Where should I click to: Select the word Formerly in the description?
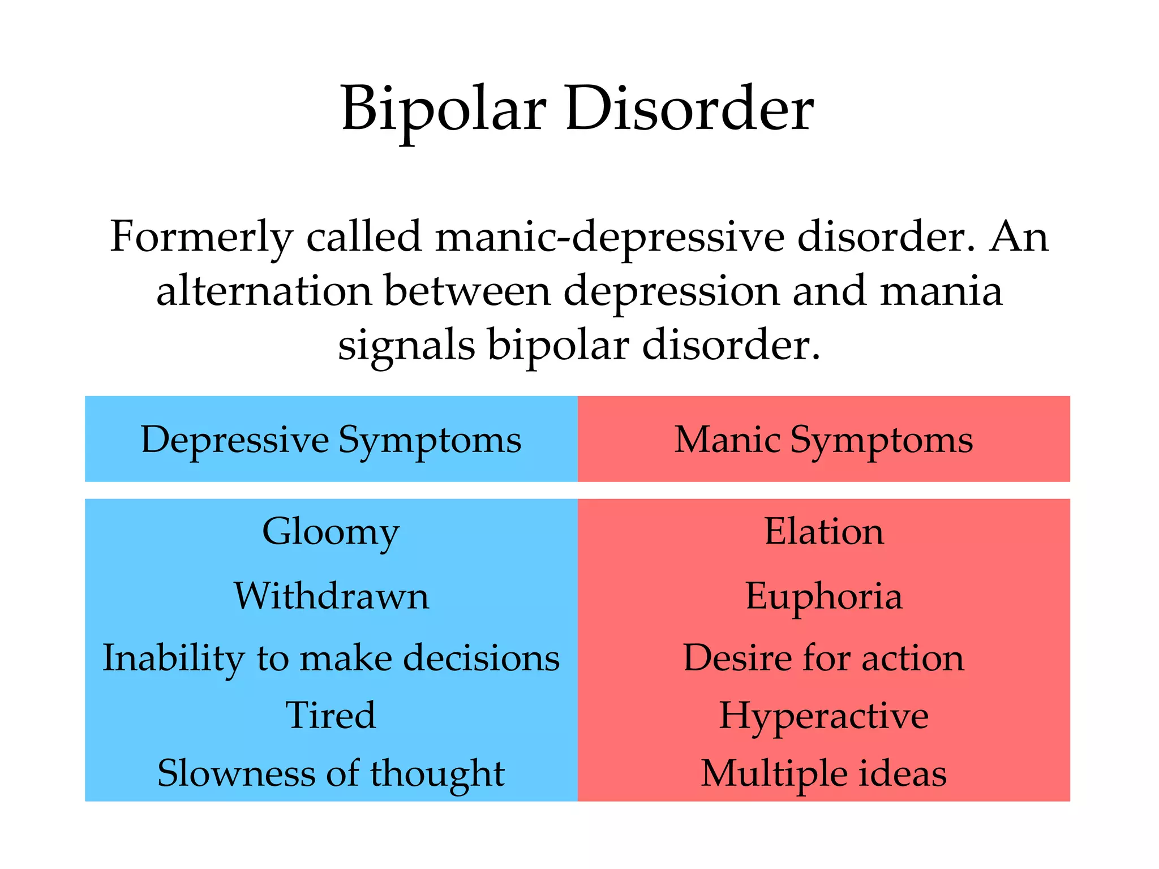click(x=201, y=237)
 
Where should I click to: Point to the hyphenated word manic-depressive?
click(x=609, y=237)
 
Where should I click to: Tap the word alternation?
click(x=264, y=291)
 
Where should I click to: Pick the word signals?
click(x=406, y=345)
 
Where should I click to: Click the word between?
click(x=467, y=291)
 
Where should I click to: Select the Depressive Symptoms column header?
click(x=331, y=440)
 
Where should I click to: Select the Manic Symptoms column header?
click(x=823, y=440)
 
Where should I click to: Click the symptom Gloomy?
click(x=331, y=532)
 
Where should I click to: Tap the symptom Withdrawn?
click(x=332, y=596)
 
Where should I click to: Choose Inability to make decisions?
click(x=331, y=658)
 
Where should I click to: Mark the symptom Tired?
click(x=331, y=715)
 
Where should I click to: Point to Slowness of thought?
click(x=331, y=773)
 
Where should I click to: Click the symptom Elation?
click(x=824, y=532)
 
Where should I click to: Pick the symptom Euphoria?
click(x=824, y=596)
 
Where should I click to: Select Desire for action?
click(x=824, y=658)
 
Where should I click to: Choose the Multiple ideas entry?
click(x=824, y=773)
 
